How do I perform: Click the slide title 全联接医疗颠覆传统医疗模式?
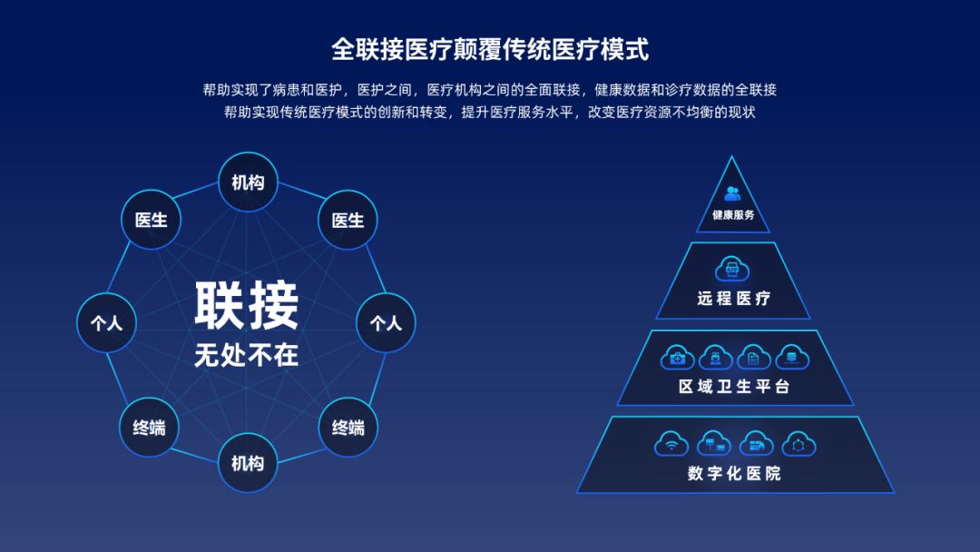tap(490, 49)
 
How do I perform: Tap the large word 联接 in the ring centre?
tap(247, 306)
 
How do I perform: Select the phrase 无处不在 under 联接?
tap(247, 355)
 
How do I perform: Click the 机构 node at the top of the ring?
tap(248, 182)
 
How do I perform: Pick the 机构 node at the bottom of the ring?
tap(248, 463)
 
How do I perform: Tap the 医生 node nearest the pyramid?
tap(348, 220)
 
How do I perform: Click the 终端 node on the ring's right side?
tap(348, 427)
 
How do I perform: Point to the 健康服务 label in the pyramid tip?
tap(733, 215)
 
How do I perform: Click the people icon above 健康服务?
tap(732, 193)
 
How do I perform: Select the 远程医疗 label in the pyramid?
tap(734, 298)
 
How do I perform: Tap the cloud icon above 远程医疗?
tap(732, 270)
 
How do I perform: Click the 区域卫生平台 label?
tap(734, 387)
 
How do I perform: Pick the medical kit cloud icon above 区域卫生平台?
tap(677, 358)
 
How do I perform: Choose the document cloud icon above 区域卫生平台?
tap(754, 358)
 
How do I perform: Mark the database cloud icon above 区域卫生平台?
tap(792, 358)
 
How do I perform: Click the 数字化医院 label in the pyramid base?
tap(734, 474)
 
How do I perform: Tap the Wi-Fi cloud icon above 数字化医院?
tap(671, 444)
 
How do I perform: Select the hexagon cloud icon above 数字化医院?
tap(799, 444)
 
